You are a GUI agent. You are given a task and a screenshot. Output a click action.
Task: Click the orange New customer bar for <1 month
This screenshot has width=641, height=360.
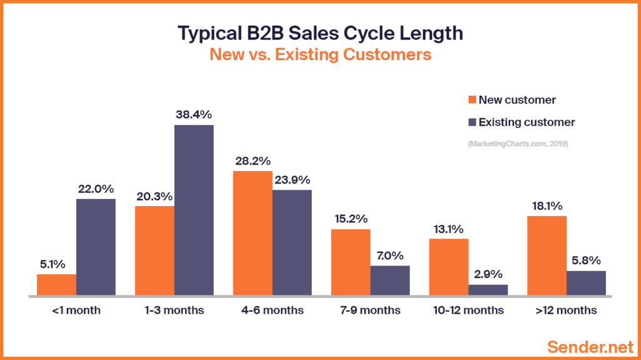(x=56, y=284)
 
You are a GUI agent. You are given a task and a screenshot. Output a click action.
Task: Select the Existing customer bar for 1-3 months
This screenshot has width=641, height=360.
(x=193, y=210)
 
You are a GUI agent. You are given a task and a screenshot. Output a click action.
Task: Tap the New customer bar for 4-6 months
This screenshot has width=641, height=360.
(x=252, y=232)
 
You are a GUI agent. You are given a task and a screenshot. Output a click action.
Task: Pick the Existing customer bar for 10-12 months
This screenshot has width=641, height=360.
(x=488, y=289)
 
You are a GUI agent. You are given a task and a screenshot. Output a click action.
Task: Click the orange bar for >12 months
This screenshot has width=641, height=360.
(x=546, y=255)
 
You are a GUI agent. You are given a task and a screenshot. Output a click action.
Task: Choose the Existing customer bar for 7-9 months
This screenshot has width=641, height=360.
(x=389, y=280)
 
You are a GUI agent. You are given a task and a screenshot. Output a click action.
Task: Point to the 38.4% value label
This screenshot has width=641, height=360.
(x=193, y=115)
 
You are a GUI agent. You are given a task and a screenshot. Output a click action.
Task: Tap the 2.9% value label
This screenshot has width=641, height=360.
(x=488, y=274)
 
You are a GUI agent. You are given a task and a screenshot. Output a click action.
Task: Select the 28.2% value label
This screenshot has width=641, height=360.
(x=252, y=160)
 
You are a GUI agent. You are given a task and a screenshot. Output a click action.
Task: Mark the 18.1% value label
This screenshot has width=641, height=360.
(x=546, y=206)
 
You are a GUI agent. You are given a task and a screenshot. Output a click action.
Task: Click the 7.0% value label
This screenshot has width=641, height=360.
(x=389, y=255)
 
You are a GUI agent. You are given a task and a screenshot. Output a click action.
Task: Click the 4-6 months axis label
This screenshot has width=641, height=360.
(x=272, y=311)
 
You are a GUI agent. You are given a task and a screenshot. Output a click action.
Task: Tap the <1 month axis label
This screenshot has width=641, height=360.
(x=76, y=311)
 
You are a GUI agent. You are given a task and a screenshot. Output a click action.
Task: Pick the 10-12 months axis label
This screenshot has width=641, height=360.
(x=468, y=311)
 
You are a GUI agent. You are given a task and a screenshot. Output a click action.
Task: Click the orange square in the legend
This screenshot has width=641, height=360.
(x=471, y=100)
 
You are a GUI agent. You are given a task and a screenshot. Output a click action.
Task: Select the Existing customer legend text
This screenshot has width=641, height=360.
(x=526, y=122)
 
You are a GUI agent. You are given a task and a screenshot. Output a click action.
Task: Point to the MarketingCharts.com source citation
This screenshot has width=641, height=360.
(x=521, y=144)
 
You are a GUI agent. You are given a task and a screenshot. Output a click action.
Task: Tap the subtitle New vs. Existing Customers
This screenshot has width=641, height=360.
(x=320, y=54)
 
